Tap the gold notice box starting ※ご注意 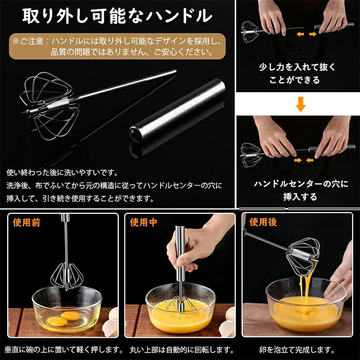point(117,46)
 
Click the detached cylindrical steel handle point(177,111)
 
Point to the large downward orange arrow point(300,104)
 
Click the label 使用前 point(27,222)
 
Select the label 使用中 point(143,222)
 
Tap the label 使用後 point(263,222)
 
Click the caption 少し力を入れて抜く point(297,67)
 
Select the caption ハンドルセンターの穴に point(301,184)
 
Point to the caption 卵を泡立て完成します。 point(297,350)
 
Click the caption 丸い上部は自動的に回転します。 point(182,350)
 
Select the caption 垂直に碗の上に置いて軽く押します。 point(64,350)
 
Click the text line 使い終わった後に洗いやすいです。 point(62,173)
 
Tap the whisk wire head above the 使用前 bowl point(66,276)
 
